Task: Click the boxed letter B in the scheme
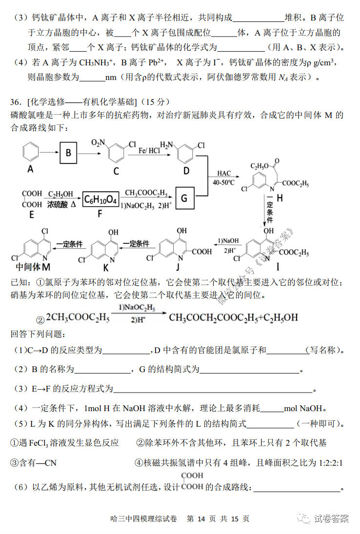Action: click(68, 153)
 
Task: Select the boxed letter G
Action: click(184, 198)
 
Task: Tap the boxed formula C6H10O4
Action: click(101, 199)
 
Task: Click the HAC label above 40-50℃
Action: click(224, 173)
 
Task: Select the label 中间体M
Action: click(33, 267)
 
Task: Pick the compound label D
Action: click(186, 171)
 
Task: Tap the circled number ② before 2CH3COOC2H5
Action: click(40, 320)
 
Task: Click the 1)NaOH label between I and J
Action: click(228, 241)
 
